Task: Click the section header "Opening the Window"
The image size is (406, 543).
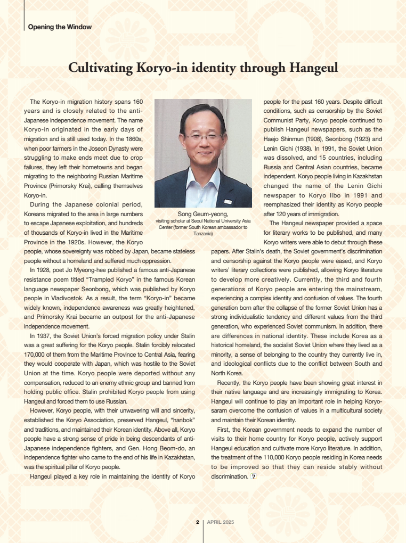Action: [x=59, y=27]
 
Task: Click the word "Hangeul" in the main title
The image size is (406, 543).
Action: [x=311, y=68]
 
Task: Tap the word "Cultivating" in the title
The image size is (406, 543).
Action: [x=100, y=68]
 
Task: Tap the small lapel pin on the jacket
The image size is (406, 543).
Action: [x=228, y=202]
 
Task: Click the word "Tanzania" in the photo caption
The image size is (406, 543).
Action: [x=203, y=234]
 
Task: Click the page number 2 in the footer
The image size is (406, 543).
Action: [x=197, y=522]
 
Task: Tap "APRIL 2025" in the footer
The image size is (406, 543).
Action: [x=221, y=522]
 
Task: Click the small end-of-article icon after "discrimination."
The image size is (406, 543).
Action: [x=254, y=476]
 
